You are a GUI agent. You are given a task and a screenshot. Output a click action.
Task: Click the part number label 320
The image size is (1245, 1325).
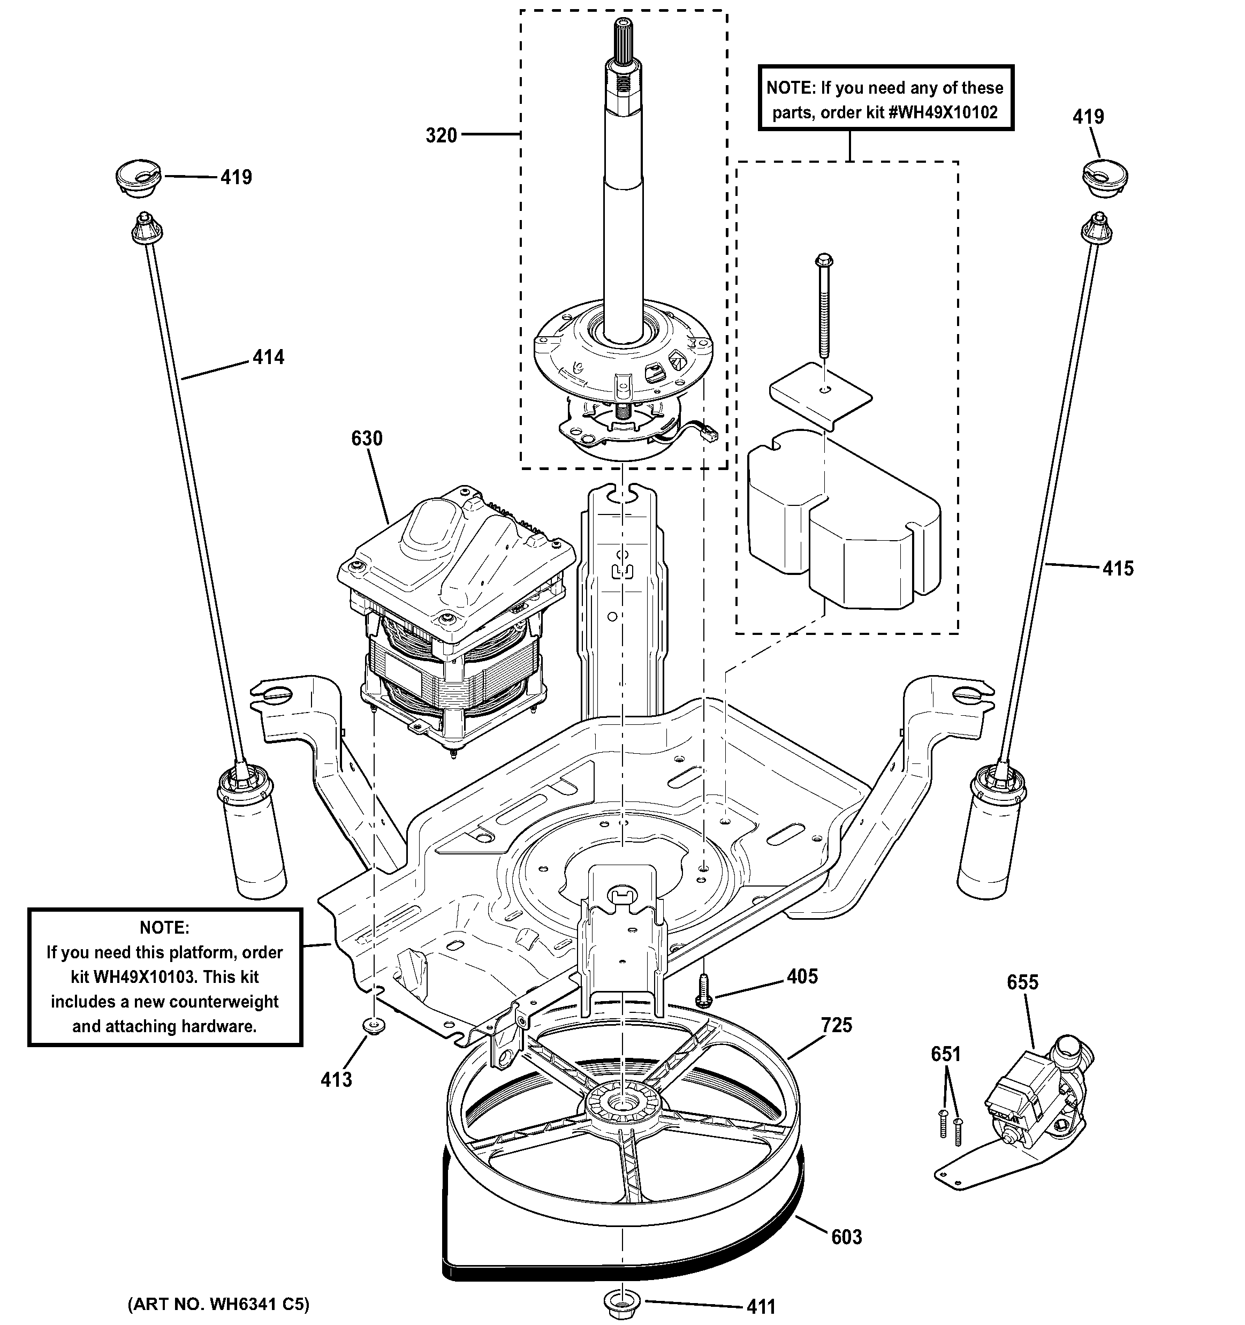[441, 136]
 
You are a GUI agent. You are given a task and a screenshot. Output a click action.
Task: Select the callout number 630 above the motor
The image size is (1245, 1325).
[367, 438]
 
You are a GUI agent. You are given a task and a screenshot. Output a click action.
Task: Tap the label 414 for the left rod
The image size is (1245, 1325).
[269, 358]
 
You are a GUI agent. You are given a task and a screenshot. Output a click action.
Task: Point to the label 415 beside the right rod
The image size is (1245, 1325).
[1118, 569]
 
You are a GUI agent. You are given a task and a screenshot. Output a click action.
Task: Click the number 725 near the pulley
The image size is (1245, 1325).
[837, 1025]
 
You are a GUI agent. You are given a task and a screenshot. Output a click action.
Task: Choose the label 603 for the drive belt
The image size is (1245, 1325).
[846, 1237]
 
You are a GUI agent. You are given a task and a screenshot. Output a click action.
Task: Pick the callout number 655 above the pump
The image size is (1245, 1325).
[1022, 982]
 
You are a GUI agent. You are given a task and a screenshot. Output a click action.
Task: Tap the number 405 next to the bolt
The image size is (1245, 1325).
[802, 976]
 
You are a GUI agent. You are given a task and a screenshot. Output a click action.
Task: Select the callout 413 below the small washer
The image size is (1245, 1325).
[336, 1079]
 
